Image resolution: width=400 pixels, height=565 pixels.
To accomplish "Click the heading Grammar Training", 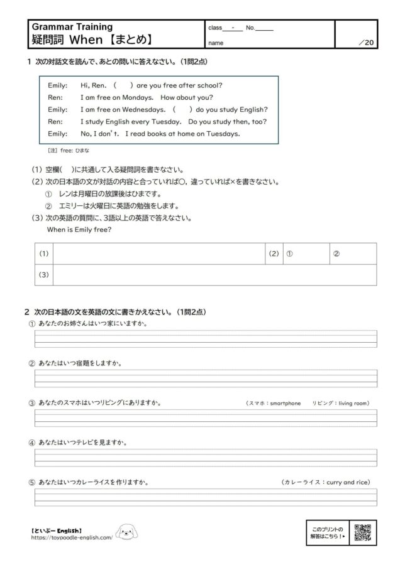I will coord(72,27).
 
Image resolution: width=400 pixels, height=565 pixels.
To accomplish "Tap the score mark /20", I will coord(366,43).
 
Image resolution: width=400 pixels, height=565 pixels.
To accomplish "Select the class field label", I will coord(215,28).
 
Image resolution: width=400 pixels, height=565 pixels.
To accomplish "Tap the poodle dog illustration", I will coord(127,534).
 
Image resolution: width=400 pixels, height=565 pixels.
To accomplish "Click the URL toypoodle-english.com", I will coord(72,538).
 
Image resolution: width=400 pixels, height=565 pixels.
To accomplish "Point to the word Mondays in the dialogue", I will coord(138,98).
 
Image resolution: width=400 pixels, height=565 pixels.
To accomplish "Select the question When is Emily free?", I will coord(79,230).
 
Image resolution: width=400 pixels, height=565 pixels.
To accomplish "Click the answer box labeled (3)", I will coord(214,275).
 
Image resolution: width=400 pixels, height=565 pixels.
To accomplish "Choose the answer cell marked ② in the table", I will coord(353,254).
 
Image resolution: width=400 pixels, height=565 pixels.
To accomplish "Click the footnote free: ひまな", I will coord(69,151).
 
